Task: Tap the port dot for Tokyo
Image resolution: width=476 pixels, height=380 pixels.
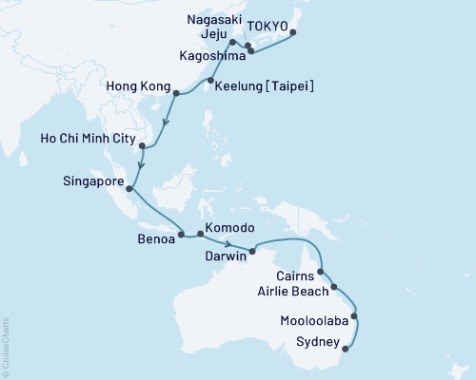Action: pos(292,33)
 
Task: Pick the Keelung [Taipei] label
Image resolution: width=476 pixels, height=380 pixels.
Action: pos(265,86)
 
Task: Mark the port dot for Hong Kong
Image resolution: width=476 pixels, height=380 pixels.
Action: pos(176,92)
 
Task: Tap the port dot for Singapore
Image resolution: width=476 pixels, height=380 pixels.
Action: pos(129,188)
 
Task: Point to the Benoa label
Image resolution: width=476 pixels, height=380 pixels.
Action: pos(156,240)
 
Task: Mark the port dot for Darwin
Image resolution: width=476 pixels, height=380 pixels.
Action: pos(252,251)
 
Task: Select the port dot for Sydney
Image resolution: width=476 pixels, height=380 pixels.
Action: pos(345,349)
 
